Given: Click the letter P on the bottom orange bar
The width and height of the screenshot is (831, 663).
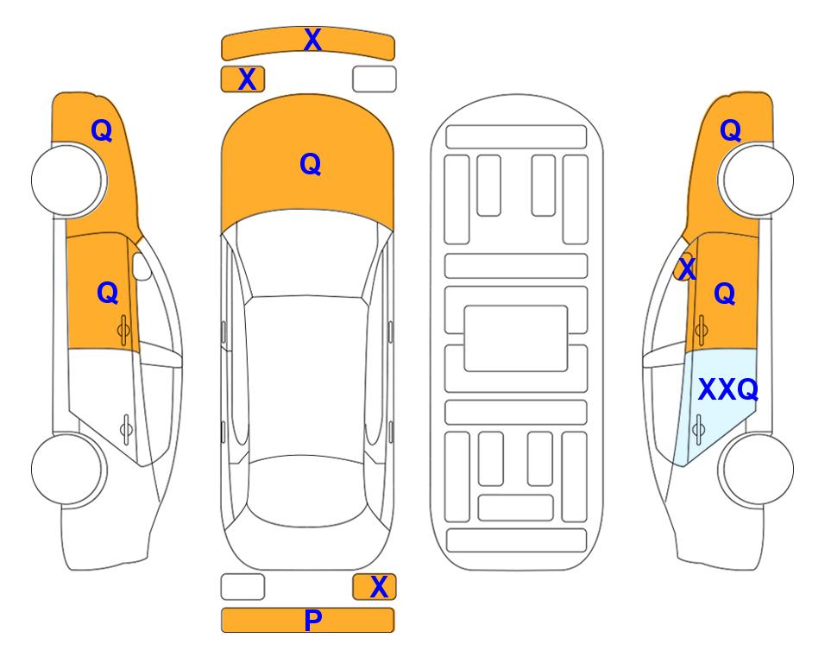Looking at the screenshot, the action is tap(312, 620).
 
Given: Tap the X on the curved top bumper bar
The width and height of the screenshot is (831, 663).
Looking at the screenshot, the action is tap(312, 40).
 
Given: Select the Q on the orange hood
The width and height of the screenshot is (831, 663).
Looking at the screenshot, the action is tap(311, 164).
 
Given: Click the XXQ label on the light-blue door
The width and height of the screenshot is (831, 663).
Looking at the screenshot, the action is tap(728, 389).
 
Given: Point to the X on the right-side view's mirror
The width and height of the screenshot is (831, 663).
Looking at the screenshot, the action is tap(687, 268).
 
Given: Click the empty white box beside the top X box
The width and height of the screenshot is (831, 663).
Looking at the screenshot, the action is tap(375, 79).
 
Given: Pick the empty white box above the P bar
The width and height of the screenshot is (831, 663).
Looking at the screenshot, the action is tap(242, 587).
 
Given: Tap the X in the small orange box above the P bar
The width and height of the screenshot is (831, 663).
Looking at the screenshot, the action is tap(379, 587).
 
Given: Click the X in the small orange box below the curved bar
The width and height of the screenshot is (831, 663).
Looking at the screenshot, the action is tap(247, 79).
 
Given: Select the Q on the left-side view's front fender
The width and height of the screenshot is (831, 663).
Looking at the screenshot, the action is tap(102, 130).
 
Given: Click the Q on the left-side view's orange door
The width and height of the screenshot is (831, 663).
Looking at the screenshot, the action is tap(108, 293).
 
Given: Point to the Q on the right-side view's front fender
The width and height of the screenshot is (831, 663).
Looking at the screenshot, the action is tap(730, 130).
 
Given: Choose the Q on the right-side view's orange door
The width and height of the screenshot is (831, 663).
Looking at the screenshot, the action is tap(725, 294).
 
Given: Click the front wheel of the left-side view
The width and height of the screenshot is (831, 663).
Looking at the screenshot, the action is tap(68, 180).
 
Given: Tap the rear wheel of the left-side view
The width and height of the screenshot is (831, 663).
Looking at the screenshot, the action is tap(68, 469).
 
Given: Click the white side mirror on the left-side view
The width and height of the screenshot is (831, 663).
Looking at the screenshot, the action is tap(141, 266).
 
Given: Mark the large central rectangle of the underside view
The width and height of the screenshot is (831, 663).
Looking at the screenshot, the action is tap(516, 338).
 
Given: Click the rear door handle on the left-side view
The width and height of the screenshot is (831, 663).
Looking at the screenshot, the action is tap(127, 428).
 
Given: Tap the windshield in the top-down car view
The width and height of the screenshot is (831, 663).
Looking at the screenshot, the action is tap(307, 260).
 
